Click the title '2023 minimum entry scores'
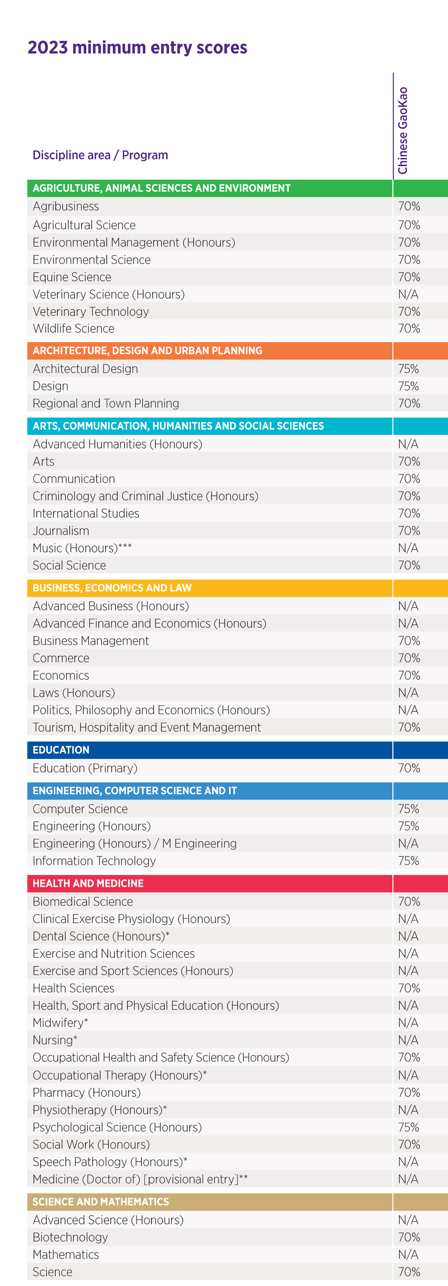tap(137, 47)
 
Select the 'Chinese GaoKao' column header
tap(403, 131)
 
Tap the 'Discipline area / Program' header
tap(100, 155)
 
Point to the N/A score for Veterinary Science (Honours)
tap(408, 295)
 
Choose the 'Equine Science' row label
tap(72, 277)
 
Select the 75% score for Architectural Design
tap(408, 369)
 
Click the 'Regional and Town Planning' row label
tap(106, 403)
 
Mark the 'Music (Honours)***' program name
tap(82, 548)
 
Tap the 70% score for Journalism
tap(408, 531)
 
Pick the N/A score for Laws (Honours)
tap(408, 693)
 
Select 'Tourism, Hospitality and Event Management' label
tap(147, 727)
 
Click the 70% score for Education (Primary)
tap(408, 768)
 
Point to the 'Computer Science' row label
tap(80, 809)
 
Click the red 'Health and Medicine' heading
tap(88, 883)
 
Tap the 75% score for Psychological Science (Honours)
tap(408, 1127)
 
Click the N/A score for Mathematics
tap(408, 1254)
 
